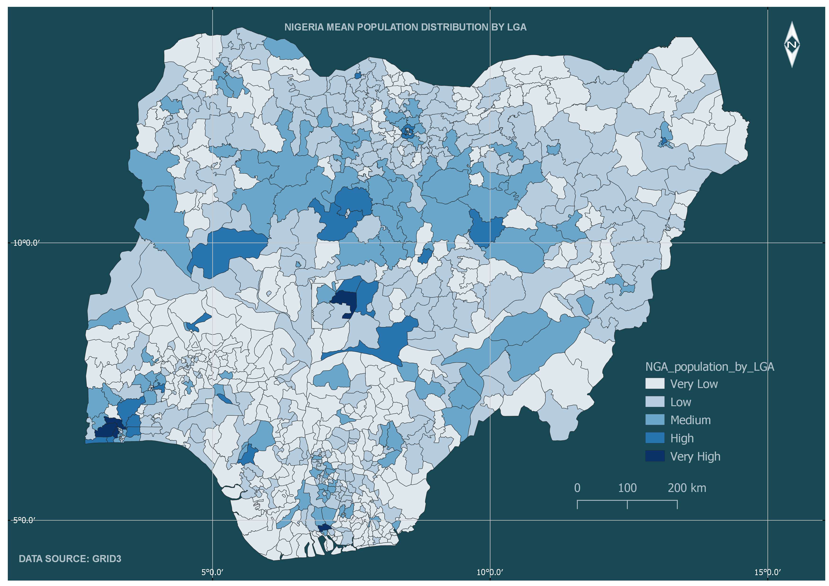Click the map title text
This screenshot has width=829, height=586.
click(x=405, y=27)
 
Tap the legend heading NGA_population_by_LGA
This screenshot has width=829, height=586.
click(x=709, y=367)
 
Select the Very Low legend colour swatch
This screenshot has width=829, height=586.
click(x=655, y=383)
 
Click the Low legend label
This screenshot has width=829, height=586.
click(x=681, y=402)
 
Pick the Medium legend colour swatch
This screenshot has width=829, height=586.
click(x=655, y=420)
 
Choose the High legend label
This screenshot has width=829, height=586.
click(x=682, y=438)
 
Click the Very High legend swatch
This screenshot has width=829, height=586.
click(x=655, y=456)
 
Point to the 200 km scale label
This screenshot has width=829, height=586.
click(x=686, y=488)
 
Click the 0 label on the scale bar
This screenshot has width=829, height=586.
click(x=577, y=488)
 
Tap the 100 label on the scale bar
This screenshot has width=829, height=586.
click(x=627, y=488)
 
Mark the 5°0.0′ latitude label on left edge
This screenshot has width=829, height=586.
click(x=25, y=520)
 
